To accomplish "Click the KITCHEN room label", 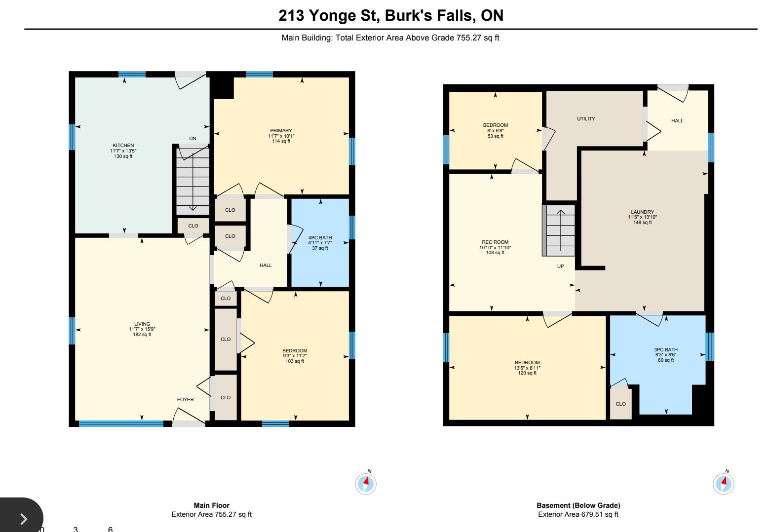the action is [x=123, y=146].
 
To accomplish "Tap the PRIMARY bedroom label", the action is [x=281, y=131].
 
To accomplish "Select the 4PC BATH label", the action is [x=320, y=238].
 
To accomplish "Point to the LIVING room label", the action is [x=142, y=324].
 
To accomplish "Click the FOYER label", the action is [x=186, y=399].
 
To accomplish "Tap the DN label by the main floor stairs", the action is [x=193, y=139].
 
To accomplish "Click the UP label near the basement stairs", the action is [x=560, y=266].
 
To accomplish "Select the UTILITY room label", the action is [x=586, y=118].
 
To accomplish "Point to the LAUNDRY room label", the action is [x=642, y=212].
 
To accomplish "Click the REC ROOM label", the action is [x=495, y=242].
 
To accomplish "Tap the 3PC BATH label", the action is [x=666, y=349].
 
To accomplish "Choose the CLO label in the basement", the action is [x=620, y=404].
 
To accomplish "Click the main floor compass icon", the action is [x=366, y=484].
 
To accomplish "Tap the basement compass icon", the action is [x=724, y=484].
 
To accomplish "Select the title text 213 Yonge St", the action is [x=329, y=15].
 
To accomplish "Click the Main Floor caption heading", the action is [x=212, y=505].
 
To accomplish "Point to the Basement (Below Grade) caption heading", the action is [x=579, y=505].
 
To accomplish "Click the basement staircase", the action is [x=559, y=230].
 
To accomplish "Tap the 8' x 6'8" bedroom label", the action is [x=495, y=131].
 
